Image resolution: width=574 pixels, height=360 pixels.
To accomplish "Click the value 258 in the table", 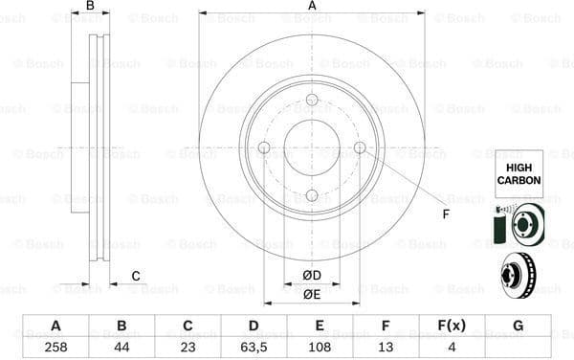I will pos(55,347).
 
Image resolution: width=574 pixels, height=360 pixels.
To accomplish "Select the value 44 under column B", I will pos(121,347).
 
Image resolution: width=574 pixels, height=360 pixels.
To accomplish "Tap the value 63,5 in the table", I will pos(254,347).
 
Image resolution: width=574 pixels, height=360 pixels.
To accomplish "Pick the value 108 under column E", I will pos(319,347).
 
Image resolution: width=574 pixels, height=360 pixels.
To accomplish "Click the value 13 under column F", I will pos(385,347).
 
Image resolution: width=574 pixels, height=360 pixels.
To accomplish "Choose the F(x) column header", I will pos(451,326).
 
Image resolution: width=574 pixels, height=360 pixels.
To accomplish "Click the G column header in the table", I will pos(517,326).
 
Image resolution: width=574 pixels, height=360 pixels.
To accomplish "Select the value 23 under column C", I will pos(188,347).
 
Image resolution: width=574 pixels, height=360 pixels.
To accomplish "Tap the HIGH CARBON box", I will pos(518,173).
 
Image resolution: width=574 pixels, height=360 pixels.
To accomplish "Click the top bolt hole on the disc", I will pos(312,100).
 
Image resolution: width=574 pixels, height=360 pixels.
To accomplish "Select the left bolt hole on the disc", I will pos(264,147).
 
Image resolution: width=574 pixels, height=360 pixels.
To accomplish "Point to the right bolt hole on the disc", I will pos(360,147).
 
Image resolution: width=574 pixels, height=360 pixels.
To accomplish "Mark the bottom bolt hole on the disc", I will pos(312,195).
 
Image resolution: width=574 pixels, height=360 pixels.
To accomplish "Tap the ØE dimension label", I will pos(312,295).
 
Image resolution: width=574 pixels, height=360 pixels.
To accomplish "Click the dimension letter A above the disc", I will pos(312,7).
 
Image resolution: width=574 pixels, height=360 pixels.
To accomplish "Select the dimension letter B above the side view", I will pos(91,7).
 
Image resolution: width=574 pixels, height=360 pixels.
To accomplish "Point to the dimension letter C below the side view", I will pos(136,277).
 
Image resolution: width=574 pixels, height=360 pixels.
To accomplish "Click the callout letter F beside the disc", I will pos(445,213).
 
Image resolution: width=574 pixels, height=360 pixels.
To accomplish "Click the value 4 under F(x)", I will pos(451,347).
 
